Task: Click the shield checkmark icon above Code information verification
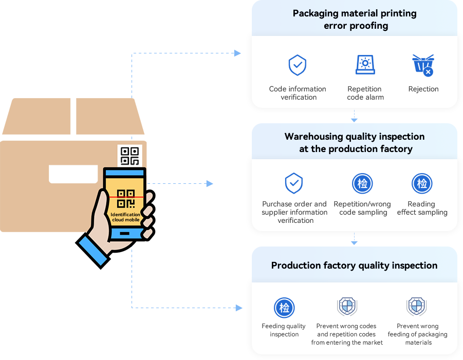coord(298,65)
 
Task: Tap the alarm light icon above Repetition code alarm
coord(365,64)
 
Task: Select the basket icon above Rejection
coord(423,65)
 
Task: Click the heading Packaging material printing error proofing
coord(355,20)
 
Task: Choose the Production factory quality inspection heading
coord(355,266)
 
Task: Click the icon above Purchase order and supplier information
coord(294,183)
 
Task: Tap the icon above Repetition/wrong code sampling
coord(362,183)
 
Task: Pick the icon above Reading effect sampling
coord(422,183)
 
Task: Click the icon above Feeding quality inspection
coord(284,308)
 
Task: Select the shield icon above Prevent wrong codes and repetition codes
coord(347,307)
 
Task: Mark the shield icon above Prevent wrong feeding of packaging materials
coord(417,307)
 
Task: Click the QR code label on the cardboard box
coord(129,156)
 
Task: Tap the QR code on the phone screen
coord(126,198)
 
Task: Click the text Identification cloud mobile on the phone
coord(125,217)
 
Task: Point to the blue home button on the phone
coord(125,234)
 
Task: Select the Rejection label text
coord(423,89)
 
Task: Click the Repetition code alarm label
coord(365,93)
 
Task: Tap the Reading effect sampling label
coord(422,208)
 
